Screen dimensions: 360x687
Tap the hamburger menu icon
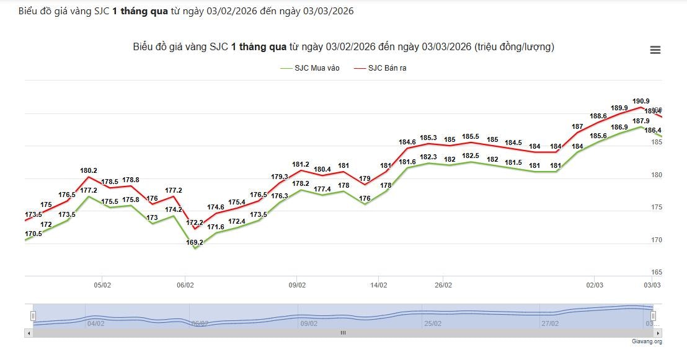coord(655,50)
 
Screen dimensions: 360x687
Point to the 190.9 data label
coord(640,101)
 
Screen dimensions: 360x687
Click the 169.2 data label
coord(194,243)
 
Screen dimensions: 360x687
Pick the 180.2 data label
coord(89,170)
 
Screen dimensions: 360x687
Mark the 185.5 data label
coord(471,136)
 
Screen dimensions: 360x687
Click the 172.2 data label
coord(195,222)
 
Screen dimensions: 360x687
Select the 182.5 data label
coord(471,156)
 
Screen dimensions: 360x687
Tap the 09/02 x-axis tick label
coord(297,286)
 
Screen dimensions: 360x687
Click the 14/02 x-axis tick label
coord(379,286)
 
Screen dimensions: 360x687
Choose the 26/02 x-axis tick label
coord(443,286)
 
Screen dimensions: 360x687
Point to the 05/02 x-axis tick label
coord(102,286)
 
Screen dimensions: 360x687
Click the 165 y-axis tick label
coord(656,272)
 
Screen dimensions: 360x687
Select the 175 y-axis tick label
coord(656,207)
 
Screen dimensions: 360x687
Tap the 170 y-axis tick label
coord(656,240)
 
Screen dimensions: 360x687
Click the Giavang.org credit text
coord(647,341)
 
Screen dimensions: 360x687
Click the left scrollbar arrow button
coord(28,333)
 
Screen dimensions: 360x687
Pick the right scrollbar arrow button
coord(658,333)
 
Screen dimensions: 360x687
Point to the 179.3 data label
coord(280,177)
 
